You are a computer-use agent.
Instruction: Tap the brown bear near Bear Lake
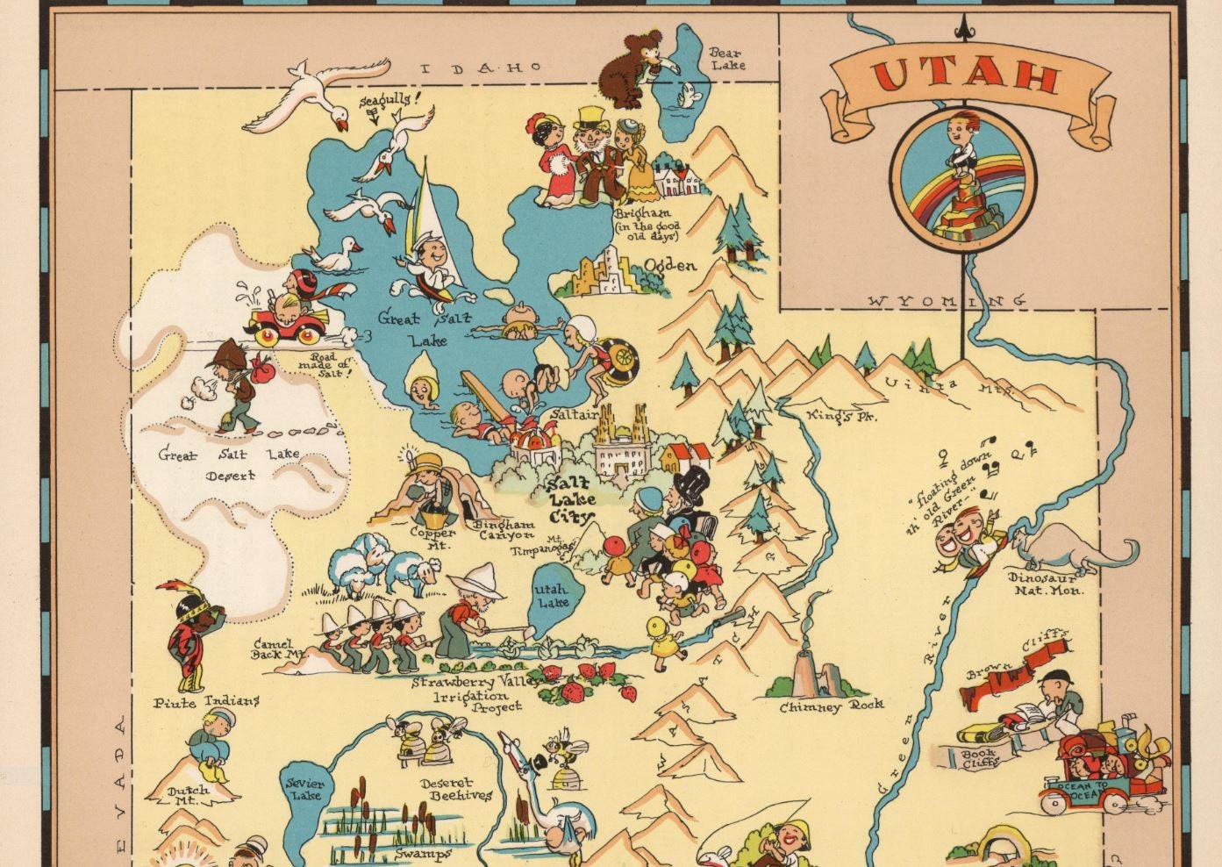[x=630, y=70]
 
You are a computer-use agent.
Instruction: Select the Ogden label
[x=670, y=266]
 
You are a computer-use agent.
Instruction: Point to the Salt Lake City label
[x=569, y=501]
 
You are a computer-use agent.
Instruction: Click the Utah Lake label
[x=553, y=596]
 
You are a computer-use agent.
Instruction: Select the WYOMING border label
[x=947, y=301]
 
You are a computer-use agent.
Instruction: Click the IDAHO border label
[x=482, y=68]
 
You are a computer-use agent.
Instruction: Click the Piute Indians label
[x=207, y=702]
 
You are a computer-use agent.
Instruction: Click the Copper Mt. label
[x=433, y=538]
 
